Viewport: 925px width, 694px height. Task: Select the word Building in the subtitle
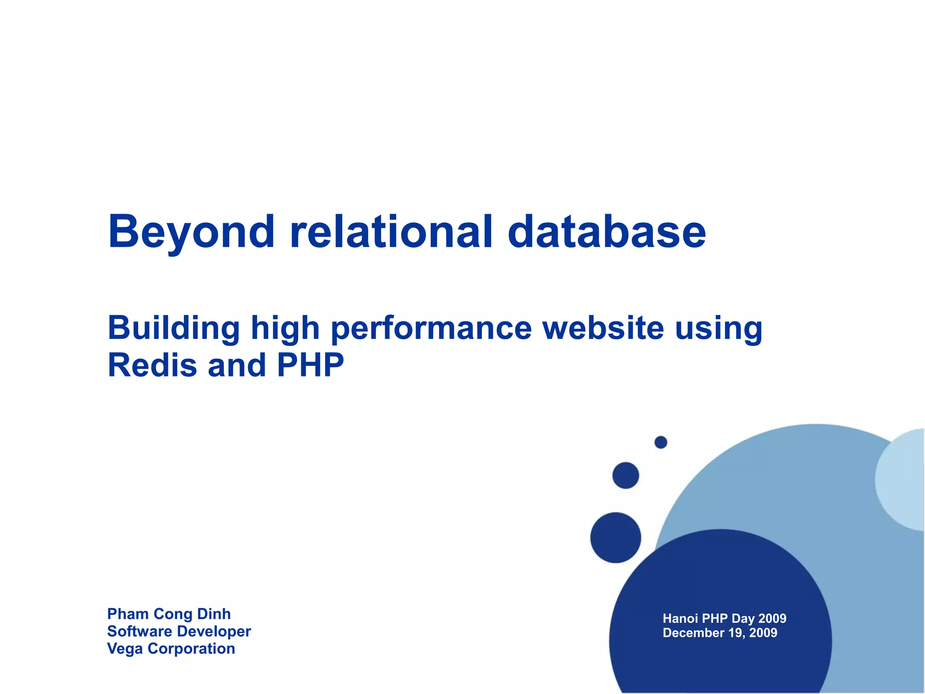[x=173, y=328]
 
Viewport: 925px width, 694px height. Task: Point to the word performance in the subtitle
[x=431, y=329]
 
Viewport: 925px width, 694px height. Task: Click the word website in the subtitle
[x=603, y=328]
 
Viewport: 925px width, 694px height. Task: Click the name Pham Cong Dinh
[x=169, y=614]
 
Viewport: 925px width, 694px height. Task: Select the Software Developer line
[x=179, y=631]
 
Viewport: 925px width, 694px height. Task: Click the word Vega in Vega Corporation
[x=125, y=649]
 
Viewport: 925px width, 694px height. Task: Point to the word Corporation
[x=191, y=649]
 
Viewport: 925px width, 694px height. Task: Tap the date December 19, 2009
[x=720, y=633]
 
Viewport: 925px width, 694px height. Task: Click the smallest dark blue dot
[x=661, y=442]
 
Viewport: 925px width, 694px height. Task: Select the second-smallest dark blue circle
[x=626, y=475]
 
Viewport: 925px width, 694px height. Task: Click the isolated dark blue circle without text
[x=616, y=538]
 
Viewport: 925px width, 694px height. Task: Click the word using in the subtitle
[x=719, y=329]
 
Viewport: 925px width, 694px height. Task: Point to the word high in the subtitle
[x=285, y=329]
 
